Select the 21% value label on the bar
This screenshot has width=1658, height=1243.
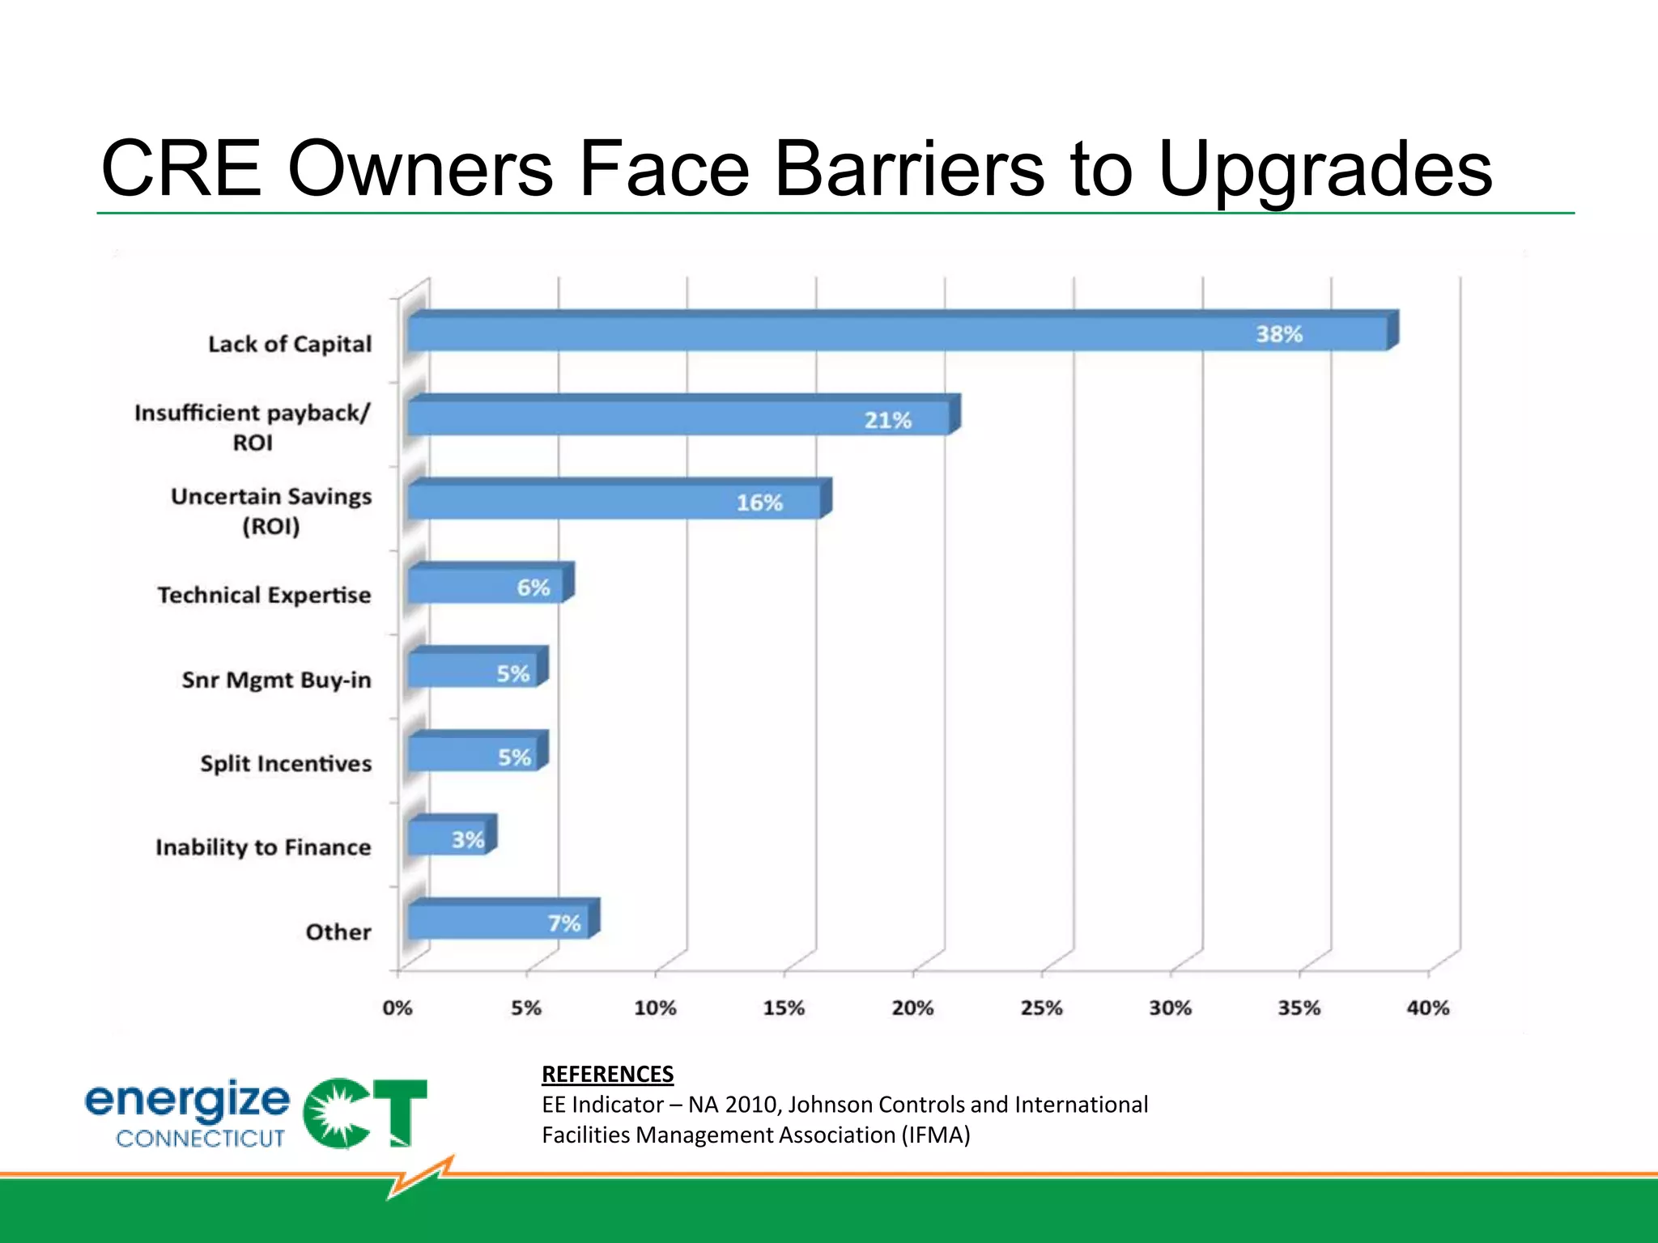click(x=888, y=420)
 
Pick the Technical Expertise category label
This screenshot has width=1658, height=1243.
click(x=264, y=595)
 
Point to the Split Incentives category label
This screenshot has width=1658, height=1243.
click(x=286, y=763)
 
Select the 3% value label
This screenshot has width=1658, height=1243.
click(x=468, y=840)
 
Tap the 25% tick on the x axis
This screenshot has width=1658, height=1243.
click(x=1041, y=1008)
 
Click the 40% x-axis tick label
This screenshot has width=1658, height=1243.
click(x=1427, y=1008)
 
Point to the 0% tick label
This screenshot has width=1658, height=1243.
click(x=397, y=1008)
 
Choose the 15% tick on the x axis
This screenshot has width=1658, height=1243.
click(x=784, y=1008)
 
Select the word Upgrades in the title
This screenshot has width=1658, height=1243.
click(x=1325, y=170)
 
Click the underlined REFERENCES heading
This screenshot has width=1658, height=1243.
click(x=607, y=1074)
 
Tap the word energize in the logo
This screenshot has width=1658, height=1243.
click(x=187, y=1101)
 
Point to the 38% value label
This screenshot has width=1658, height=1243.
click(x=1279, y=334)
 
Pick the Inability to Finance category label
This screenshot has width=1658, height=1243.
click(x=263, y=847)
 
